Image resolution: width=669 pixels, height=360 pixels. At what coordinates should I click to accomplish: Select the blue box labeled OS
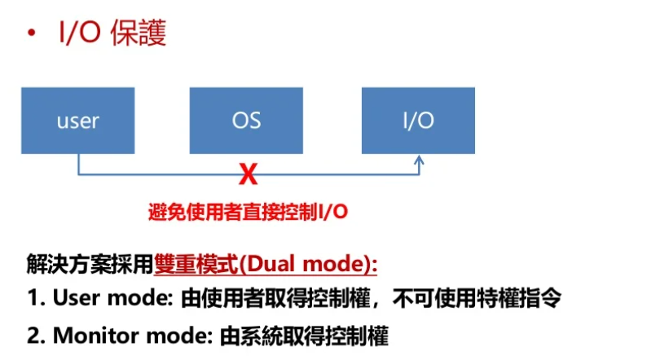[246, 121]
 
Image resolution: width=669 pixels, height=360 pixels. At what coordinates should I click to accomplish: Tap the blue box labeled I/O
[418, 121]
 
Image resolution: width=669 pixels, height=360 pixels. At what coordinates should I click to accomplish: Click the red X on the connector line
[247, 173]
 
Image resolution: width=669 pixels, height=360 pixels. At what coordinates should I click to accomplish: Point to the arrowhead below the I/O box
[419, 163]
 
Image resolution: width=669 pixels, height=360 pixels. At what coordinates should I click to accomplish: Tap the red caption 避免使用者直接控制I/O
[248, 212]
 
